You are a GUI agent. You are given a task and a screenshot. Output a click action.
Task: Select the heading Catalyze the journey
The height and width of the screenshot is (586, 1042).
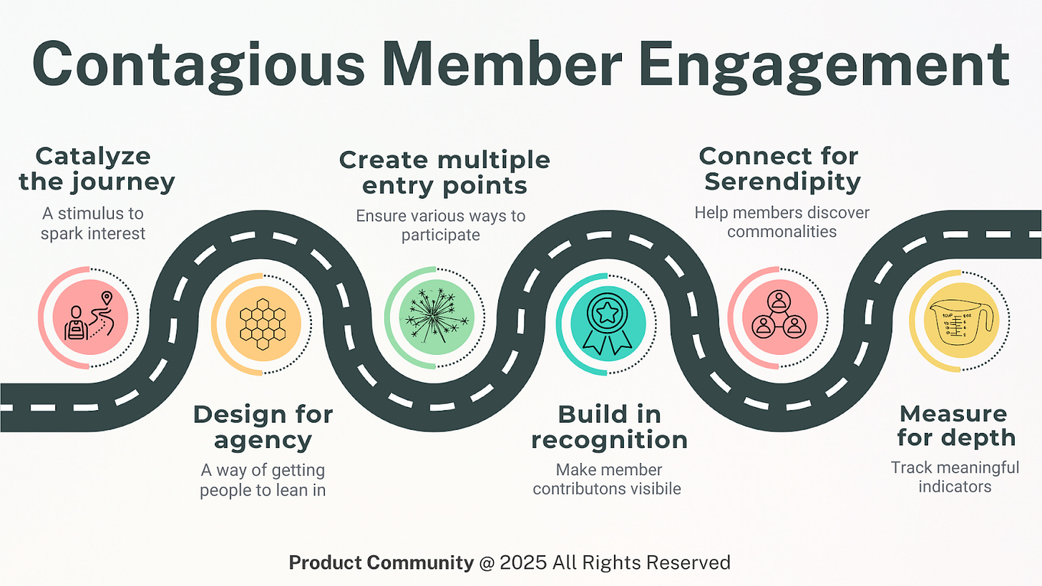pyautogui.click(x=97, y=169)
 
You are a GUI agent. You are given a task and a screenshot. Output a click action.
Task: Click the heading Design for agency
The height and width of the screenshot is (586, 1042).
pyautogui.click(x=263, y=427)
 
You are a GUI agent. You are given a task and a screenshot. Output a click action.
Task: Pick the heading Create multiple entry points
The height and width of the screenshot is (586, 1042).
pyautogui.click(x=444, y=172)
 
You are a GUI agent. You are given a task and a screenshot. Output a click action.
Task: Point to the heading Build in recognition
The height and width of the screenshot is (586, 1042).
pyautogui.click(x=609, y=427)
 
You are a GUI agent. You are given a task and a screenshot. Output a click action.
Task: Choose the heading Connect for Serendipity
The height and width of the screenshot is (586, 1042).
pyautogui.click(x=779, y=169)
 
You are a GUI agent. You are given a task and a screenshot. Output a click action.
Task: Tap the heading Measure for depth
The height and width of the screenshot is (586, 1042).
pyautogui.click(x=956, y=425)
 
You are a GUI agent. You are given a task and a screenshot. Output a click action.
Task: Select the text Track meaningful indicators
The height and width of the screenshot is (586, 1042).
pyautogui.click(x=955, y=477)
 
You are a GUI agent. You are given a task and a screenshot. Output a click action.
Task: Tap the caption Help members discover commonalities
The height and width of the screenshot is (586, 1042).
pyautogui.click(x=781, y=223)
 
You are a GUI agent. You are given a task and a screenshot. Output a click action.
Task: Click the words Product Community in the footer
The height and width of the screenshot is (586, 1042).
pyautogui.click(x=381, y=562)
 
